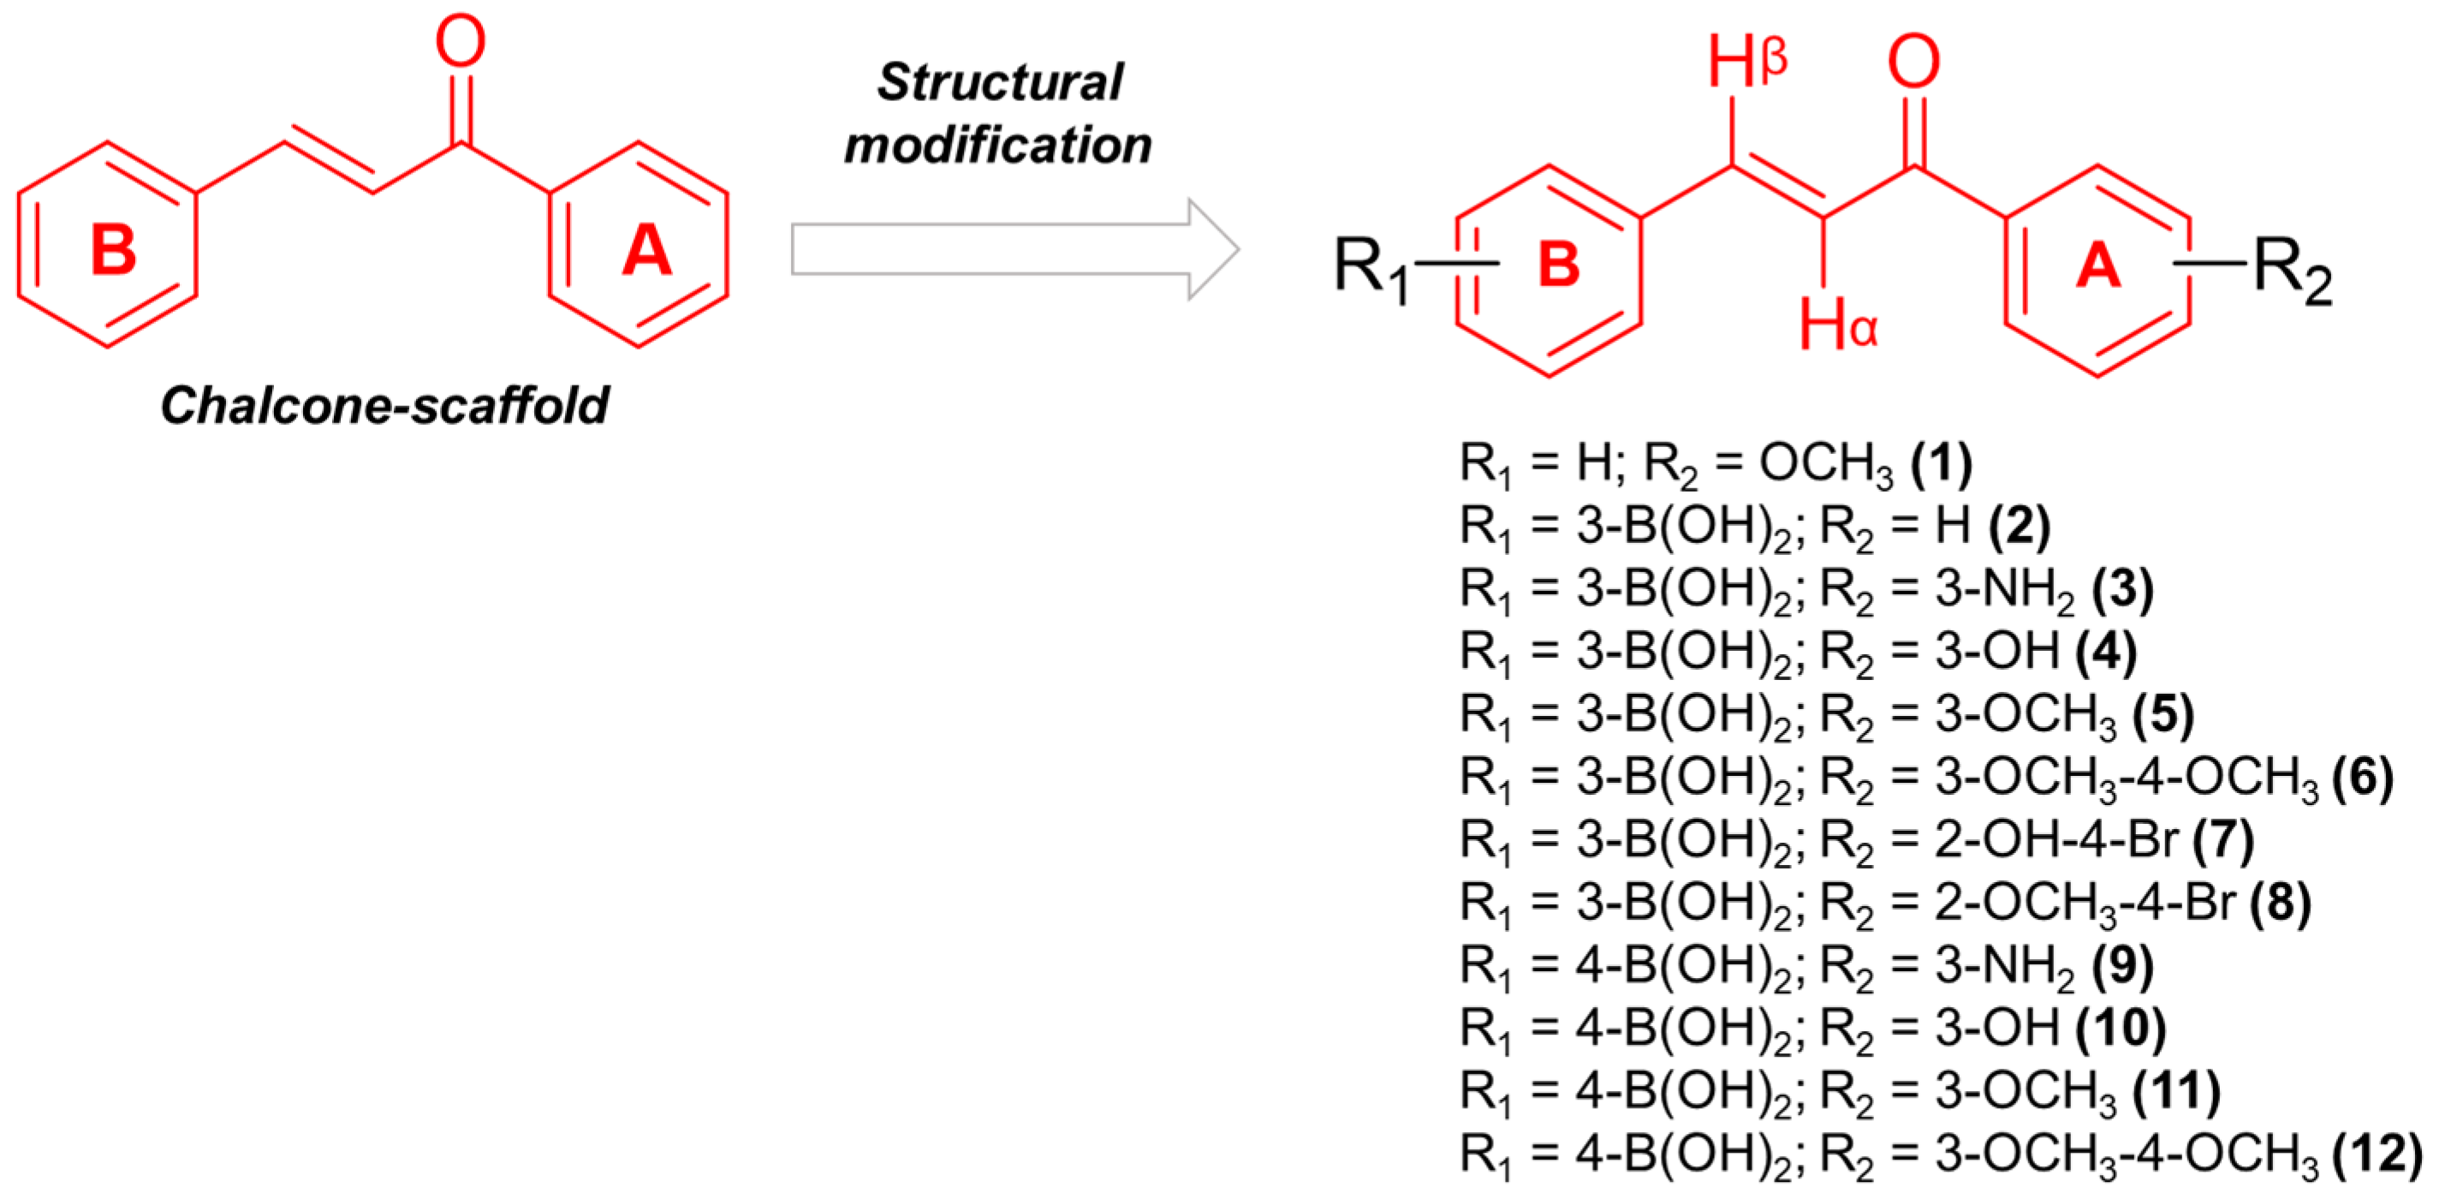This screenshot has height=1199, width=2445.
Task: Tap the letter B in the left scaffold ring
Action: pos(114,250)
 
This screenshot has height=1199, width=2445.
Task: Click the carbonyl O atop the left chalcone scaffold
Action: pos(461,43)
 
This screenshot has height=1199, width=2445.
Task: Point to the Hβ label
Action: pos(1746,63)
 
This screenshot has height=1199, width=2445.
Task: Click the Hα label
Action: pos(1837,325)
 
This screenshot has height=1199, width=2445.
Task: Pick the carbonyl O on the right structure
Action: pos(1913,63)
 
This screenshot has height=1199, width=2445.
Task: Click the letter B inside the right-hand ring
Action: pos(1558,265)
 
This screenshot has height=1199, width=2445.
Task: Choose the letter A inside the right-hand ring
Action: pos(2097,265)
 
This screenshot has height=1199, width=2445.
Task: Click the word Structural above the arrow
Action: pos(999,82)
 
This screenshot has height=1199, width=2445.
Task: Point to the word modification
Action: pos(997,146)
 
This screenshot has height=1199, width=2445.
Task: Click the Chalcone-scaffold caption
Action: pos(384,405)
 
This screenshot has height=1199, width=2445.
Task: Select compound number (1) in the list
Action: pos(1941,462)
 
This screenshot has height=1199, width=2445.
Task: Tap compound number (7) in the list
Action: pos(2223,839)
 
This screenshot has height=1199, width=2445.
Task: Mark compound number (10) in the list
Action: pos(2121,1027)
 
